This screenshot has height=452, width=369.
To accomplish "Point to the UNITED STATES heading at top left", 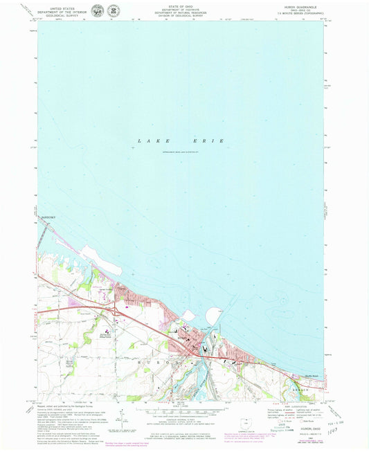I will (58, 8).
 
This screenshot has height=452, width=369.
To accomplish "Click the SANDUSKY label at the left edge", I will (47, 216).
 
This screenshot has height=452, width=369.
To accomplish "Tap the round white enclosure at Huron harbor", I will (188, 316).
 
